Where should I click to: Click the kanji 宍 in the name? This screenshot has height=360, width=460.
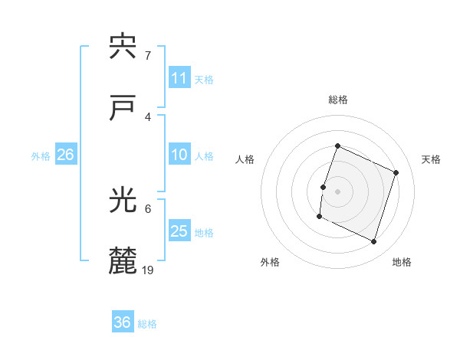click(x=123, y=47)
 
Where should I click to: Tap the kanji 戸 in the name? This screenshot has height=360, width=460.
click(x=123, y=109)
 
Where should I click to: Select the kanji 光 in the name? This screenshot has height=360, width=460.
click(x=123, y=201)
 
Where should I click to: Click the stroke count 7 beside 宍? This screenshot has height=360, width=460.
click(x=147, y=55)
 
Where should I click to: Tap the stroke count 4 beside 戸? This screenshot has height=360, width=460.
click(x=147, y=116)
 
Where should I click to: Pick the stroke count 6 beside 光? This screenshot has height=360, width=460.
click(x=147, y=208)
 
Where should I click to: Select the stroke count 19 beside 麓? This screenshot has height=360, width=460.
click(x=148, y=270)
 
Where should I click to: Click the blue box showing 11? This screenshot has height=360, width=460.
click(x=179, y=78)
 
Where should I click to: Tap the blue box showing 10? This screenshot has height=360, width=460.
click(x=179, y=155)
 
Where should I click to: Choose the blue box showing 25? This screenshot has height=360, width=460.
click(x=179, y=231)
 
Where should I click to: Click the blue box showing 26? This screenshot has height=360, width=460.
click(x=65, y=155)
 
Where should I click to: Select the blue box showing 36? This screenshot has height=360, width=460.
click(x=123, y=322)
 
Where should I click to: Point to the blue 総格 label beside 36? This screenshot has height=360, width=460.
click(x=147, y=324)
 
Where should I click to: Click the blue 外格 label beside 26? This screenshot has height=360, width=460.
click(x=41, y=156)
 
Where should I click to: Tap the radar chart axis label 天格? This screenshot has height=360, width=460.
click(x=432, y=159)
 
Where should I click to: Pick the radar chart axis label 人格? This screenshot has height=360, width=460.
click(x=245, y=159)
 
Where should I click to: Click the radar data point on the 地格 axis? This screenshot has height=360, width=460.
click(x=373, y=242)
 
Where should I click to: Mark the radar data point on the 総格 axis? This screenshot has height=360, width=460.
click(x=337, y=146)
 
